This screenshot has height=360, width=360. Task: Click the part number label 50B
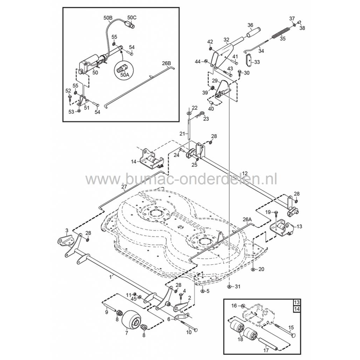[107, 17]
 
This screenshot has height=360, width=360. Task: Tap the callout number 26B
[166, 63]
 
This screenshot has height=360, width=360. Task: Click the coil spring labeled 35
[280, 35]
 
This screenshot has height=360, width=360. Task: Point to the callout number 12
[245, 173]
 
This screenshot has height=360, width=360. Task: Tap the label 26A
[247, 219]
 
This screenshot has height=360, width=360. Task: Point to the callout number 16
[233, 305]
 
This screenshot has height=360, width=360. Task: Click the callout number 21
[182, 134]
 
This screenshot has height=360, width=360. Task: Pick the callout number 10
[188, 333]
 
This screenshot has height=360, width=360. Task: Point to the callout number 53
[71, 111]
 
